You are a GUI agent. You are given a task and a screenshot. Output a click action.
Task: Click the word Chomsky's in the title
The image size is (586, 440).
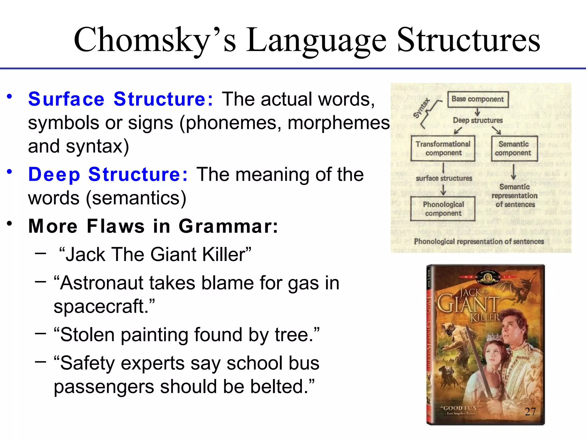point(155,40)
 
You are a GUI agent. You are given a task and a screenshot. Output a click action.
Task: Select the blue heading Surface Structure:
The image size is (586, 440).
point(120,99)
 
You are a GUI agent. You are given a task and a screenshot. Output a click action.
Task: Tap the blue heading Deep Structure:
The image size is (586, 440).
point(108,174)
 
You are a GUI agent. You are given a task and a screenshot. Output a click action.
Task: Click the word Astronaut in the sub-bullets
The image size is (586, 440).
point(102,283)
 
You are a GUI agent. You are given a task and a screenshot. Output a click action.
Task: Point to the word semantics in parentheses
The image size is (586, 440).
point(136,198)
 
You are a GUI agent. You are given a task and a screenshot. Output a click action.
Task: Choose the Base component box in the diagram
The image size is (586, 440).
point(478,99)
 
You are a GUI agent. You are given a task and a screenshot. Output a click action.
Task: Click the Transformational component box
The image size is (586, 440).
point(443,148)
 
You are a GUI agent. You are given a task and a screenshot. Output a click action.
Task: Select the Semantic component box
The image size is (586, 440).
point(514,148)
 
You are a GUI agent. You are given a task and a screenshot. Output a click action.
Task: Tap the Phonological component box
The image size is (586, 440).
point(443,209)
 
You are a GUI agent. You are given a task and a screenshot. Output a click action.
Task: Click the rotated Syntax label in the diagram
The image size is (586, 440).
point(422,108)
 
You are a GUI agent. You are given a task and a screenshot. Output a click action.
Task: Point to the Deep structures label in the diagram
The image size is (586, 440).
point(478,120)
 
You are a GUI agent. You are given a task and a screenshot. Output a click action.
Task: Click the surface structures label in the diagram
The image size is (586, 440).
point(444,178)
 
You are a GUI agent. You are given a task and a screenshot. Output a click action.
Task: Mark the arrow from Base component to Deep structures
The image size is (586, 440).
point(477,112)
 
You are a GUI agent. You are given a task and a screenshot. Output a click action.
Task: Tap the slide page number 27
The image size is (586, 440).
point(530,412)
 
